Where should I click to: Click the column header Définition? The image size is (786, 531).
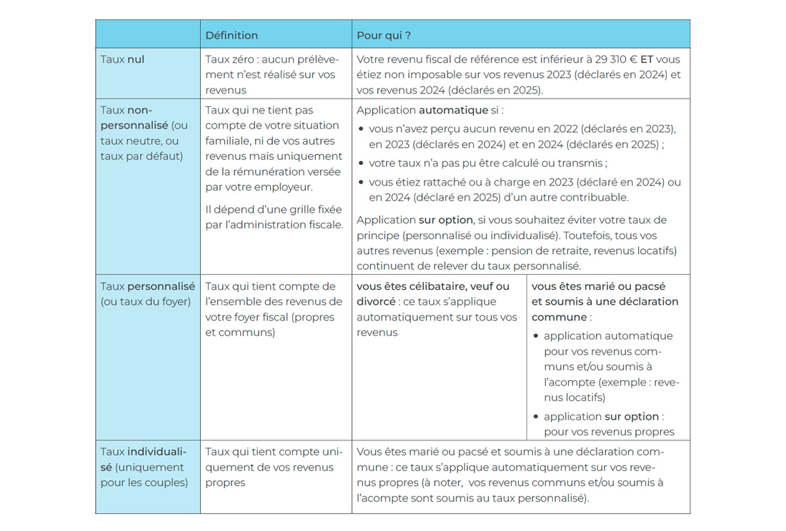[232, 35]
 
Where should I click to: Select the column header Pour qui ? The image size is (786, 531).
[383, 35]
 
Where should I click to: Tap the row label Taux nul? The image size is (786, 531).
[122, 59]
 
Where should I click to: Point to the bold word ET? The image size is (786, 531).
[647, 59]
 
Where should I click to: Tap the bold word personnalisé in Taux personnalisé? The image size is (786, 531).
[161, 286]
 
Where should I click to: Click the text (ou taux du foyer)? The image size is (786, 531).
[146, 301]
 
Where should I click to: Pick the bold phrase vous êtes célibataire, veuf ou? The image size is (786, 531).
[433, 286]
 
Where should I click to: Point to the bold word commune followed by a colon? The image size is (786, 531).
[559, 317]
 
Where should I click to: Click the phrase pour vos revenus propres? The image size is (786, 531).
[609, 431]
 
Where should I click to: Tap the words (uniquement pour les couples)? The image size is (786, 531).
[144, 475]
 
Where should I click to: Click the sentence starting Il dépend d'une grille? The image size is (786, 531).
[274, 216]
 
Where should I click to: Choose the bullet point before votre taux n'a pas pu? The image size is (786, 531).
[362, 163]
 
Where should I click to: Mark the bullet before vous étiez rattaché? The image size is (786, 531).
[362, 183]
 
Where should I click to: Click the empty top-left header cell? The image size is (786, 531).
[148, 35]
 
